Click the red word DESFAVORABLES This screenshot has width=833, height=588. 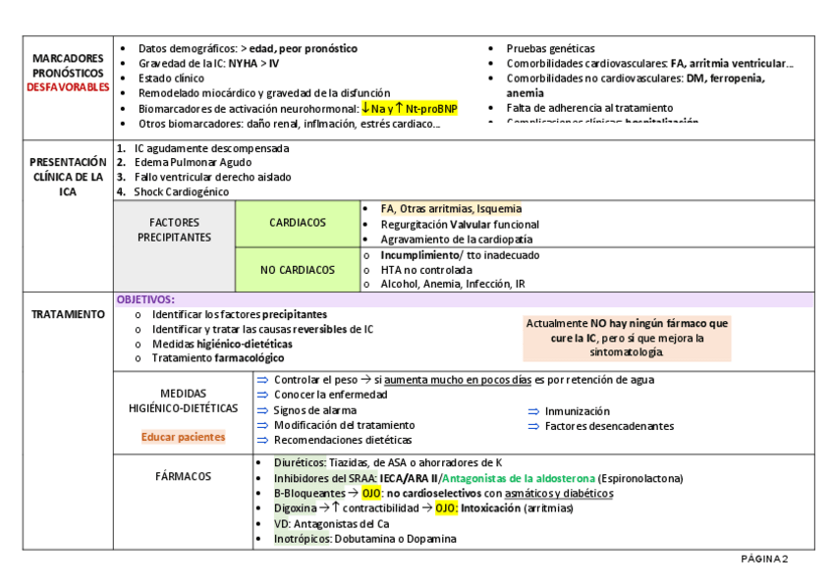coord(68,87)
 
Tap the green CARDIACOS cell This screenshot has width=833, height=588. coord(298,223)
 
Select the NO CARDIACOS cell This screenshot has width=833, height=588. coord(298,270)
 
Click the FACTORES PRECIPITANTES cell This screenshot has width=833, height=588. coord(174,230)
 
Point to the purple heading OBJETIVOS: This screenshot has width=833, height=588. coord(145,299)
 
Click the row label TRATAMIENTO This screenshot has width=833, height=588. coord(68,314)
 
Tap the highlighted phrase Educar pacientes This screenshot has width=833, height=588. coord(183,437)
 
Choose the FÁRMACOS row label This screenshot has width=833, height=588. coord(183,476)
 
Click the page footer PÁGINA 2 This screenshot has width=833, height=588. coord(764,559)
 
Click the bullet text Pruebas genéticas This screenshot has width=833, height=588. coord(550,48)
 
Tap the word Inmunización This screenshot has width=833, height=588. coord(578,411)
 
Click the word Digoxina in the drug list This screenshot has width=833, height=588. coord(295,508)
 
